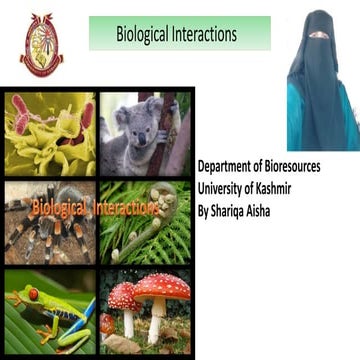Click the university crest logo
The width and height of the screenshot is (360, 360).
(x=41, y=45)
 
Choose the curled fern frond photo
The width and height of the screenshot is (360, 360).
(x=144, y=222)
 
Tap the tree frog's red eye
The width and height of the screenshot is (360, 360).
(x=31, y=294)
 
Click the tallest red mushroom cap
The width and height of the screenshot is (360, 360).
(x=162, y=288)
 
